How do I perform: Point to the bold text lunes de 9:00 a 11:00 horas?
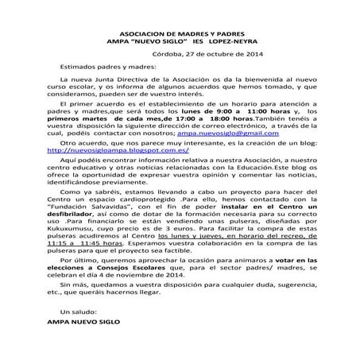(211, 112)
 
